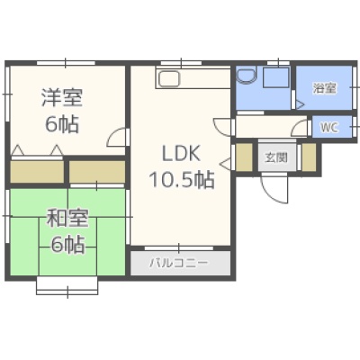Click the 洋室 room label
coord(62,97)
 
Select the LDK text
coord(181,153)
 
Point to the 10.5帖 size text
coord(182,179)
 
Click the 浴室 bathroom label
coord(324,88)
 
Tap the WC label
coord(329,128)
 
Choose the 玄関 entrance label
coord(276,157)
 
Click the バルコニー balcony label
coord(179,263)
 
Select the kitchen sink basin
coord(169,79)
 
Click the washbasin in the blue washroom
coord(247,75)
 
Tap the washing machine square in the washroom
coord(276,77)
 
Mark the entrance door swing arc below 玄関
coord(274,191)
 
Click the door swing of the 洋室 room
coord(117,138)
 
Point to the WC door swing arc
coord(300,128)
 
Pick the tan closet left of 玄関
coord(244,157)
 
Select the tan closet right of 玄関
coord(309,157)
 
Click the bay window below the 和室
coord(67,286)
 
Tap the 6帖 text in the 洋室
coord(62,124)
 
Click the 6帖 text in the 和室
coord(67,244)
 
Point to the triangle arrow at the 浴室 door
coord(301,104)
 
